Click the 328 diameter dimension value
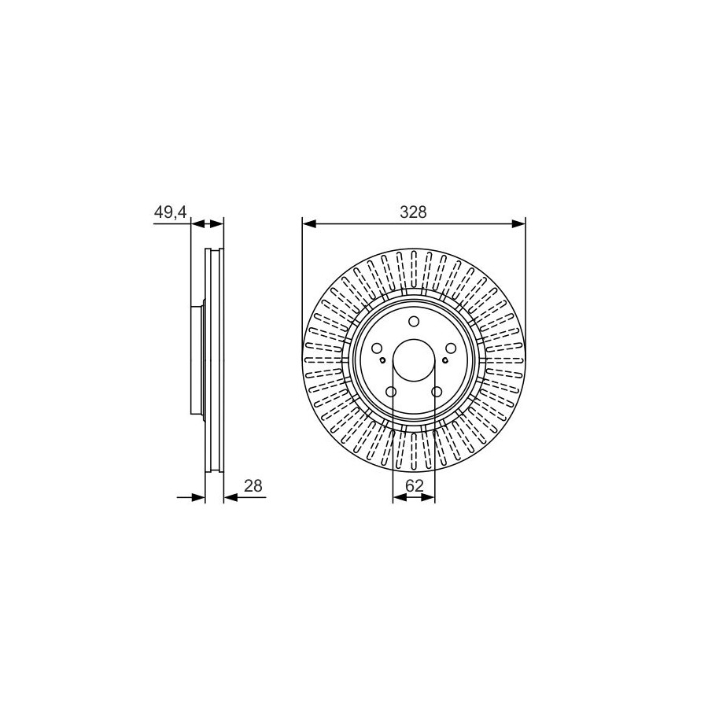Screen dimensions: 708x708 (413, 212)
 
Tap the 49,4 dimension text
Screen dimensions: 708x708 (170, 212)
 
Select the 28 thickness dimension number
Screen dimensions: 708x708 (253, 486)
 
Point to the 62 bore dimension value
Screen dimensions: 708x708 (414, 486)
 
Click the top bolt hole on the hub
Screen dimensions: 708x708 (414, 322)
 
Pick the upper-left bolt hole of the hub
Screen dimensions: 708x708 (377, 348)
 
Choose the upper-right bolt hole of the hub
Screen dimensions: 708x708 (451, 348)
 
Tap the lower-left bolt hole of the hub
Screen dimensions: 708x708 (391, 392)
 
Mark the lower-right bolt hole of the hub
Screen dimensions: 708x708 (437, 392)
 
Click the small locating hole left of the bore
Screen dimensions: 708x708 (382, 360)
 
